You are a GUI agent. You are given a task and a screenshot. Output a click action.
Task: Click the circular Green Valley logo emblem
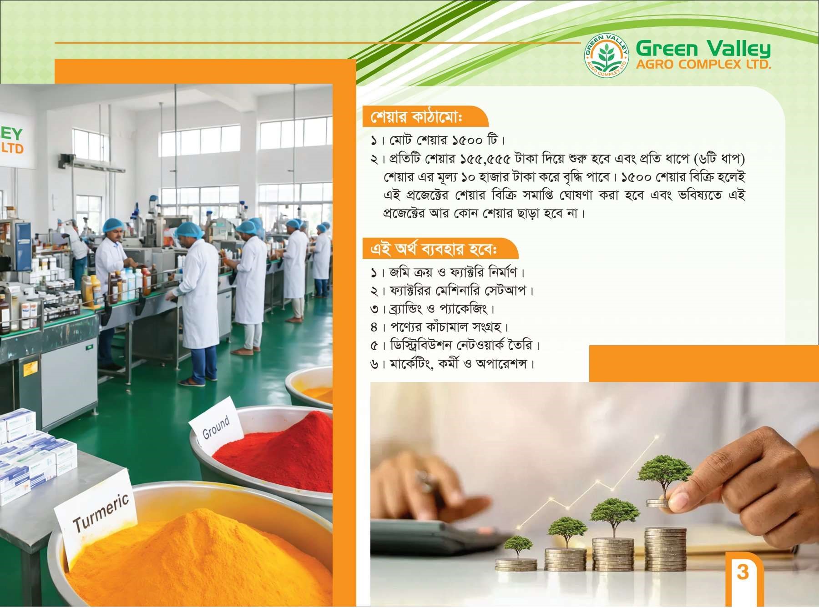607,55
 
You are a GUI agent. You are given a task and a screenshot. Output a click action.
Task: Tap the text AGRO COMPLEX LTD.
703,64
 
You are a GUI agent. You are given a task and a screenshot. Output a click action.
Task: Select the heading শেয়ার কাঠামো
416,117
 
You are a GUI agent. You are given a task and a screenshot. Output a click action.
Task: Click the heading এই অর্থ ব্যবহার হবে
434,249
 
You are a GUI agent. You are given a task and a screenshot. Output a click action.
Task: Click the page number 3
743,572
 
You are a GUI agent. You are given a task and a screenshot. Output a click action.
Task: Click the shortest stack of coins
516,565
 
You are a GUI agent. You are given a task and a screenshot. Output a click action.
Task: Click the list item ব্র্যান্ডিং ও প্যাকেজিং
433,309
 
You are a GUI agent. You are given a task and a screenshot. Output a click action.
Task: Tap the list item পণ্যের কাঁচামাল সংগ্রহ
439,327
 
